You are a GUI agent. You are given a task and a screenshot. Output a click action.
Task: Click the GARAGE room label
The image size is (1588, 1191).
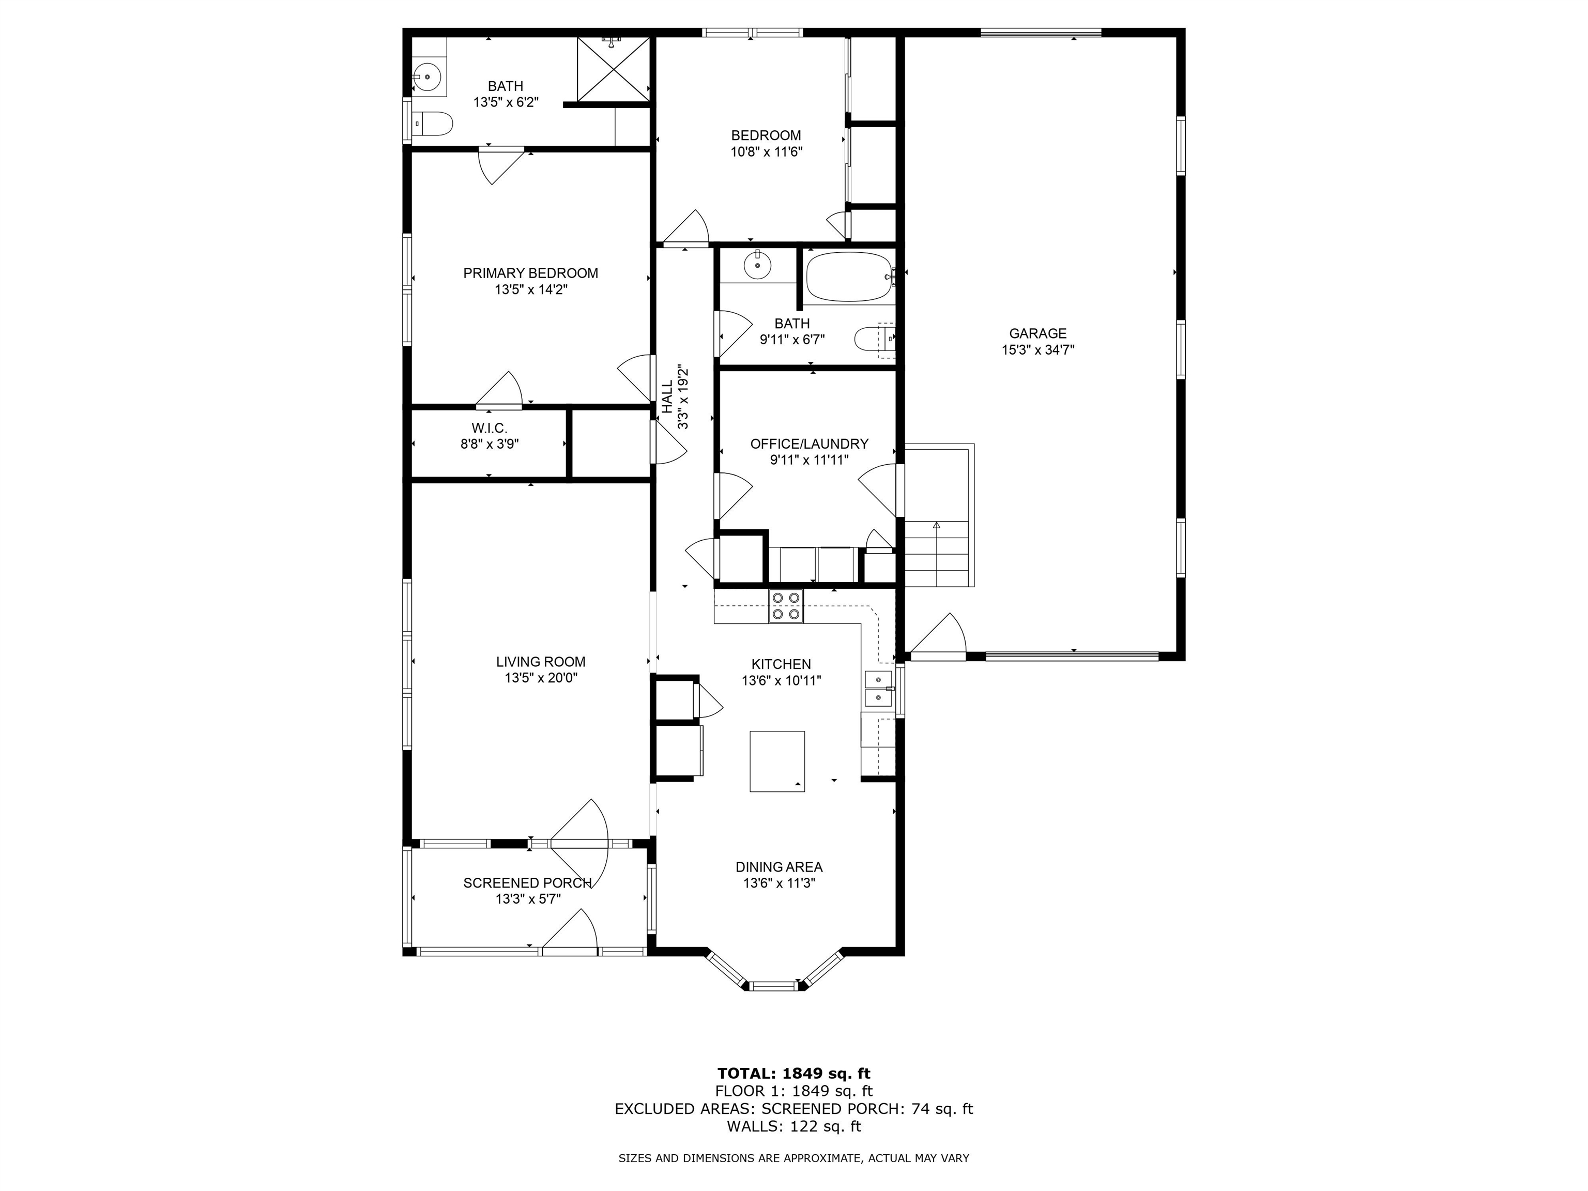(x=1037, y=333)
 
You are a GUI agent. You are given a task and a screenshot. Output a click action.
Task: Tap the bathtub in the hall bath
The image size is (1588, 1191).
(x=847, y=277)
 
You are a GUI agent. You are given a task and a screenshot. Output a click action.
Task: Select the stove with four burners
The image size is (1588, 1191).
(x=785, y=605)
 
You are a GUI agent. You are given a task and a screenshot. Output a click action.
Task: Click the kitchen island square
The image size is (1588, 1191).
(x=777, y=761)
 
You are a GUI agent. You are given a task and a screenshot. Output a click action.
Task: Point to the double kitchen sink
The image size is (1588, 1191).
(x=878, y=689)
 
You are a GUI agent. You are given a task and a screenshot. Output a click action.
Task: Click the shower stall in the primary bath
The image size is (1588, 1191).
(x=613, y=69)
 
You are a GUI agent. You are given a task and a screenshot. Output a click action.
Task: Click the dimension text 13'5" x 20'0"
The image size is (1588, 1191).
(x=541, y=678)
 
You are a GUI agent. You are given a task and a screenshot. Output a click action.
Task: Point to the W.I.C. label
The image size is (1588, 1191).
(x=489, y=428)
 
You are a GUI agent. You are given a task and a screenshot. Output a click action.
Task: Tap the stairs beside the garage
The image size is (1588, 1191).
(x=936, y=553)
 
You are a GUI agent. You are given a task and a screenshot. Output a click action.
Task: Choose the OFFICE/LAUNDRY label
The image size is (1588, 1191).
(x=809, y=444)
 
